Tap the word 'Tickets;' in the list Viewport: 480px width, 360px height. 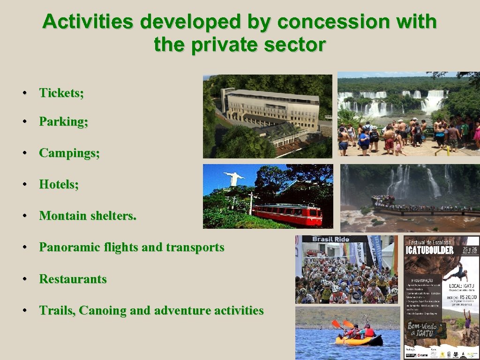(61, 93)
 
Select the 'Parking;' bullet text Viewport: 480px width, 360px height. (63, 122)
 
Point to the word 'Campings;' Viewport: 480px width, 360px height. (69, 153)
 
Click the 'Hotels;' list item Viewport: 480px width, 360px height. (59, 185)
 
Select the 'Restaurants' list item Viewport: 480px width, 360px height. (73, 279)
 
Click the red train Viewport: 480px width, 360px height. (287, 214)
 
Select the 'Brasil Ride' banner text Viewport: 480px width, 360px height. (330, 239)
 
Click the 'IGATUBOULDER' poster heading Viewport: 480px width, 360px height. (430, 249)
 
